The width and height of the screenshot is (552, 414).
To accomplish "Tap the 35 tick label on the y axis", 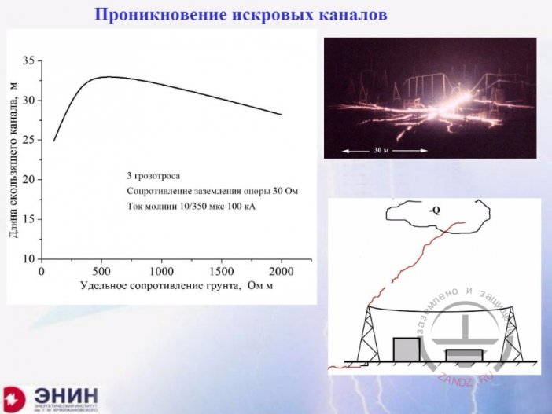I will pos(30,61).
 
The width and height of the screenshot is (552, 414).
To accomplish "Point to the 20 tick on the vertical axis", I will pos(30,180).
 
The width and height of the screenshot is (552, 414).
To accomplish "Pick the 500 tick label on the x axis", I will pos(102,270).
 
